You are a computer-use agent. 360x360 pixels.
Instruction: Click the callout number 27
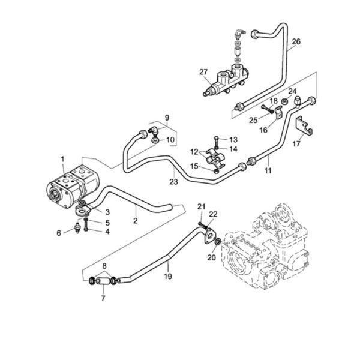(203, 72)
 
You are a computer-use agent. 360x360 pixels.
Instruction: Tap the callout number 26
(296, 41)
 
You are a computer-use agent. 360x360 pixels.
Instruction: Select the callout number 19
(168, 276)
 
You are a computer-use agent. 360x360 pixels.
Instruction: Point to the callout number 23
(173, 182)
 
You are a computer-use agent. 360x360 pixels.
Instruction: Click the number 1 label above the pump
(62, 159)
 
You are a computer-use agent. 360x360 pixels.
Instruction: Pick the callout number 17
(296, 144)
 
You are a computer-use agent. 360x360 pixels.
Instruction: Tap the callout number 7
(103, 298)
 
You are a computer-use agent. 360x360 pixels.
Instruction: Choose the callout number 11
(268, 170)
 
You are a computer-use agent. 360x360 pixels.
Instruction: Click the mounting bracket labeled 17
(304, 125)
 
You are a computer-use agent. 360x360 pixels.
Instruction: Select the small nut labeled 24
(285, 101)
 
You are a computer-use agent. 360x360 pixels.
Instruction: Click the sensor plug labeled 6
(77, 228)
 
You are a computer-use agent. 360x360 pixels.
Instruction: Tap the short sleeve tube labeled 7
(102, 281)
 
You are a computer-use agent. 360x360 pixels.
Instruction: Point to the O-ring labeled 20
(218, 242)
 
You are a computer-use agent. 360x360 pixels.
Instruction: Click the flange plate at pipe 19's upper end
(209, 236)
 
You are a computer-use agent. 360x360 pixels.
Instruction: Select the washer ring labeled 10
(155, 140)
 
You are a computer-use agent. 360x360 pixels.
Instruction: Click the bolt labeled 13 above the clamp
(216, 142)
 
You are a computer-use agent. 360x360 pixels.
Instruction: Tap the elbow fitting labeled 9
(152, 131)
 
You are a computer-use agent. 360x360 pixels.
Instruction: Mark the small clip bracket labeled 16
(278, 113)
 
